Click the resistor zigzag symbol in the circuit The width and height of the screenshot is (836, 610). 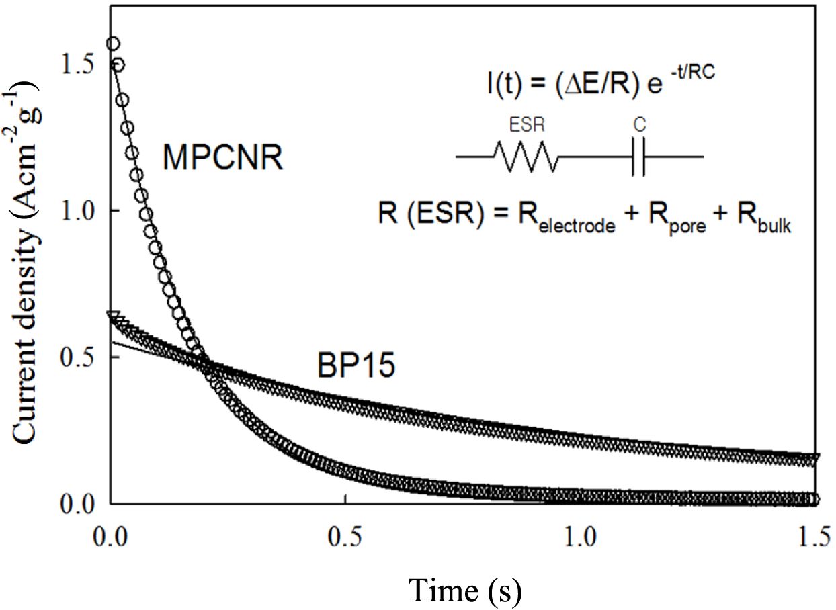526,157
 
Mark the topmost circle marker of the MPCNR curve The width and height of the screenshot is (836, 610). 113,44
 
